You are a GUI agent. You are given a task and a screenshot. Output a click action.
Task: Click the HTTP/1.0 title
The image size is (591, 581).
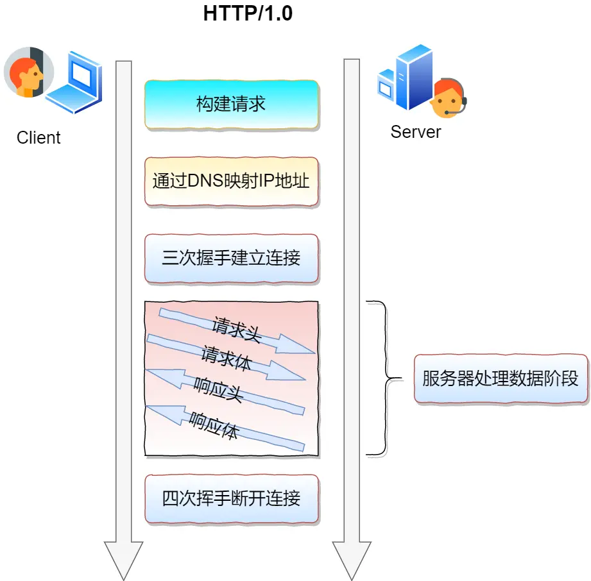point(248,13)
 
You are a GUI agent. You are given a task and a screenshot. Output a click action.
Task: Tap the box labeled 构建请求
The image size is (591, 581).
point(231,105)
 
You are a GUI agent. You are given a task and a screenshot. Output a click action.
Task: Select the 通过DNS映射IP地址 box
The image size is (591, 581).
point(231,181)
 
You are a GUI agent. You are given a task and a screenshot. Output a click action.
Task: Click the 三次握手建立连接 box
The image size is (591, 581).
point(231,258)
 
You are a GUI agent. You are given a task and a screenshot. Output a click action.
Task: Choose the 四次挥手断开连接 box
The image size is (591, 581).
point(231,498)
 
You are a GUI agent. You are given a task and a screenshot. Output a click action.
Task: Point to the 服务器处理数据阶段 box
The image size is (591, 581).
point(501,378)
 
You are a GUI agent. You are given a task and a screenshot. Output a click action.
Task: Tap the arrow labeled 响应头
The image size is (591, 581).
point(225,391)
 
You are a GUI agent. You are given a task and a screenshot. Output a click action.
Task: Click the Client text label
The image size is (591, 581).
point(39,138)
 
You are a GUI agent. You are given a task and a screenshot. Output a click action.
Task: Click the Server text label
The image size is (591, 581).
point(416,132)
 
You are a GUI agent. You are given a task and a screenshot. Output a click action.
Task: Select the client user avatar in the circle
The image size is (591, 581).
point(24,72)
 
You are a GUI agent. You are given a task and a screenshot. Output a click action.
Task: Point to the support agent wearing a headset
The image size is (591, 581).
point(448,99)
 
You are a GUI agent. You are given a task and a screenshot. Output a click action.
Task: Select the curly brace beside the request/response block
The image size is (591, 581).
point(384,378)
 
